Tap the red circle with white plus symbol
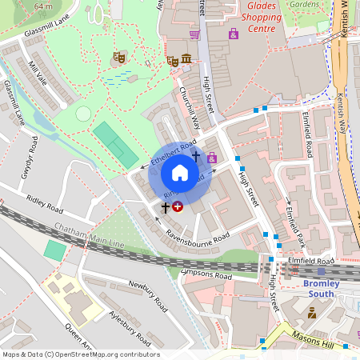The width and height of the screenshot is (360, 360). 178,206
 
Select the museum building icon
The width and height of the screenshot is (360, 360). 186,59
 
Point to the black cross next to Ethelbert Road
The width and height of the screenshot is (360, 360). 196,155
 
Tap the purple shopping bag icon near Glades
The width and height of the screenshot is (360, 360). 234,34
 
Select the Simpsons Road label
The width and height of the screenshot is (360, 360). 206,275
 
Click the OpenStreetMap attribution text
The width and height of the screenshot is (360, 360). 81,354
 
